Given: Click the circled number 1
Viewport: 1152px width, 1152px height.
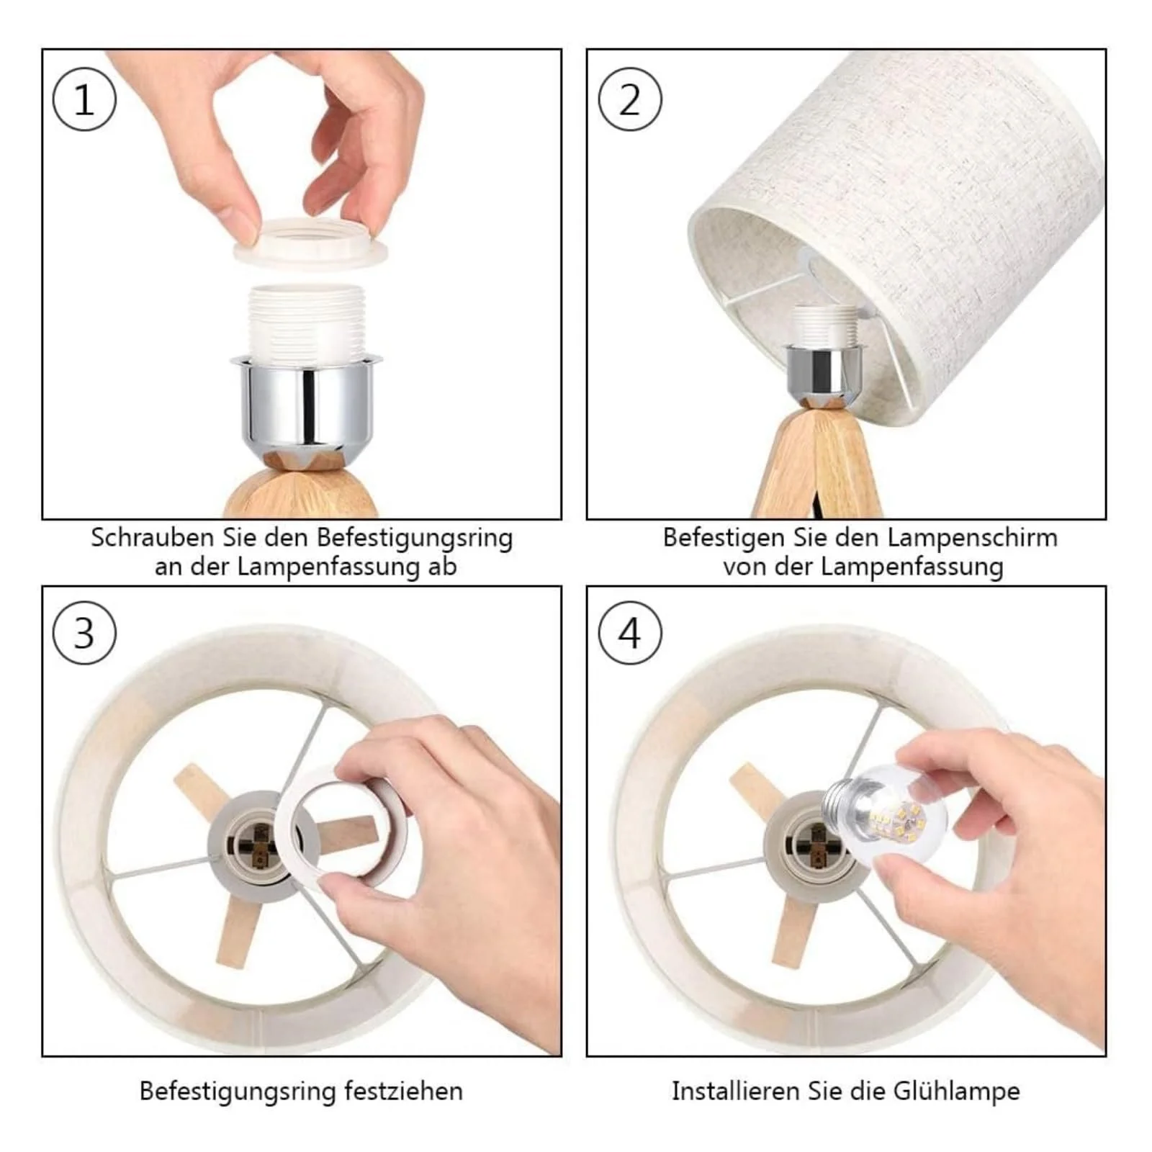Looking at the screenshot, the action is click(84, 99).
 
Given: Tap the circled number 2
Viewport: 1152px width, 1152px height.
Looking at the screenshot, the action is click(630, 99).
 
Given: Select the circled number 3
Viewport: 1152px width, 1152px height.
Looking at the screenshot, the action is click(84, 634).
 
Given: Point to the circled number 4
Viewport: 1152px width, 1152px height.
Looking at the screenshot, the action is click(630, 634).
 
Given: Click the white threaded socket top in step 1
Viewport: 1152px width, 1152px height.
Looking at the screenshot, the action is click(306, 320).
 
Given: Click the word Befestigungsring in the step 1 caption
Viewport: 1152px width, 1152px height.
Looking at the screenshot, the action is click(415, 538).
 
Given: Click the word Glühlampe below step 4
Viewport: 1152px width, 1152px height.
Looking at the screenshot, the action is click(957, 1092).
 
